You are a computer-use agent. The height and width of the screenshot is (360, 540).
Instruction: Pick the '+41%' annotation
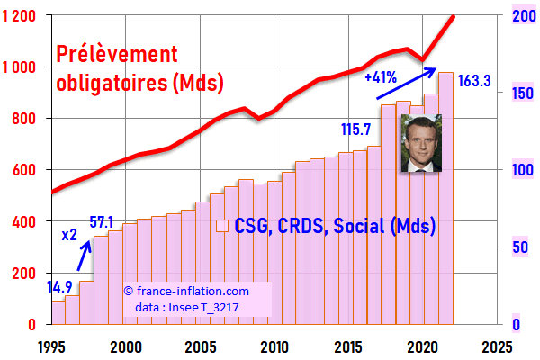(x=382, y=77)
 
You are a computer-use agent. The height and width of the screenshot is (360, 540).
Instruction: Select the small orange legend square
(x=220, y=226)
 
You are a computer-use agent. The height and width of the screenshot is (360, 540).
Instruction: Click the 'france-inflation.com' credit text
(x=191, y=292)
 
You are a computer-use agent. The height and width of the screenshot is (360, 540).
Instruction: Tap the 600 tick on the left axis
(x=26, y=170)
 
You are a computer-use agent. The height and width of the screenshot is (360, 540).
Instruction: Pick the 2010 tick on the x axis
(x=274, y=346)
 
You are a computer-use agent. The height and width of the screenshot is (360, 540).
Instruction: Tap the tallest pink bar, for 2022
(x=445, y=198)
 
